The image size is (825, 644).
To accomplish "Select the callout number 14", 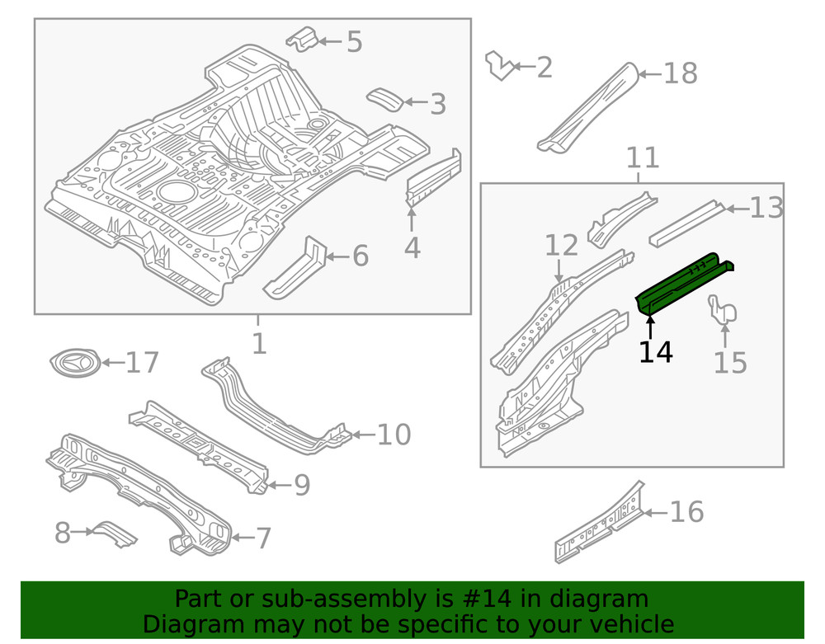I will tap(656, 352).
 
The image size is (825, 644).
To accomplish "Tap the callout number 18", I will tap(681, 74).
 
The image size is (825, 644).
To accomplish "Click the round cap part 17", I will tap(75, 362).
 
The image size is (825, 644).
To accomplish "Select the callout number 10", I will tap(394, 435).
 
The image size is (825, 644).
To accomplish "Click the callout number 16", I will tap(687, 512).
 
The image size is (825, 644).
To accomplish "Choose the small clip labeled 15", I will tap(723, 312).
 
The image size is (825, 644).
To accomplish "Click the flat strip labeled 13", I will tap(686, 223).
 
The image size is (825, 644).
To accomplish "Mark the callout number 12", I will tap(561, 245).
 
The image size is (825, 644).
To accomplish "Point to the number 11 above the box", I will tap(643, 157).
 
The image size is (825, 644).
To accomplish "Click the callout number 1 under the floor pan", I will tap(259, 343).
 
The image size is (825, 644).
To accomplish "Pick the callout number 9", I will tap(302, 486).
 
